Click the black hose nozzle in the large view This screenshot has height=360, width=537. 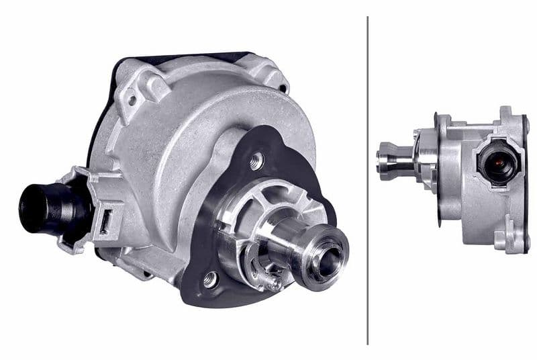[42, 205]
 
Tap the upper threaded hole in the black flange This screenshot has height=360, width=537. [256, 161]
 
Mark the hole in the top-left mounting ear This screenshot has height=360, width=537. [132, 99]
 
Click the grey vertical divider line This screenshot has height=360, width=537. [368, 180]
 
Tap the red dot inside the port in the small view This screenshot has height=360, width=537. [498, 163]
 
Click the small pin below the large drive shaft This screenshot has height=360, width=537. [272, 283]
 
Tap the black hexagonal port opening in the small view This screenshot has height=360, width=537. [497, 163]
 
